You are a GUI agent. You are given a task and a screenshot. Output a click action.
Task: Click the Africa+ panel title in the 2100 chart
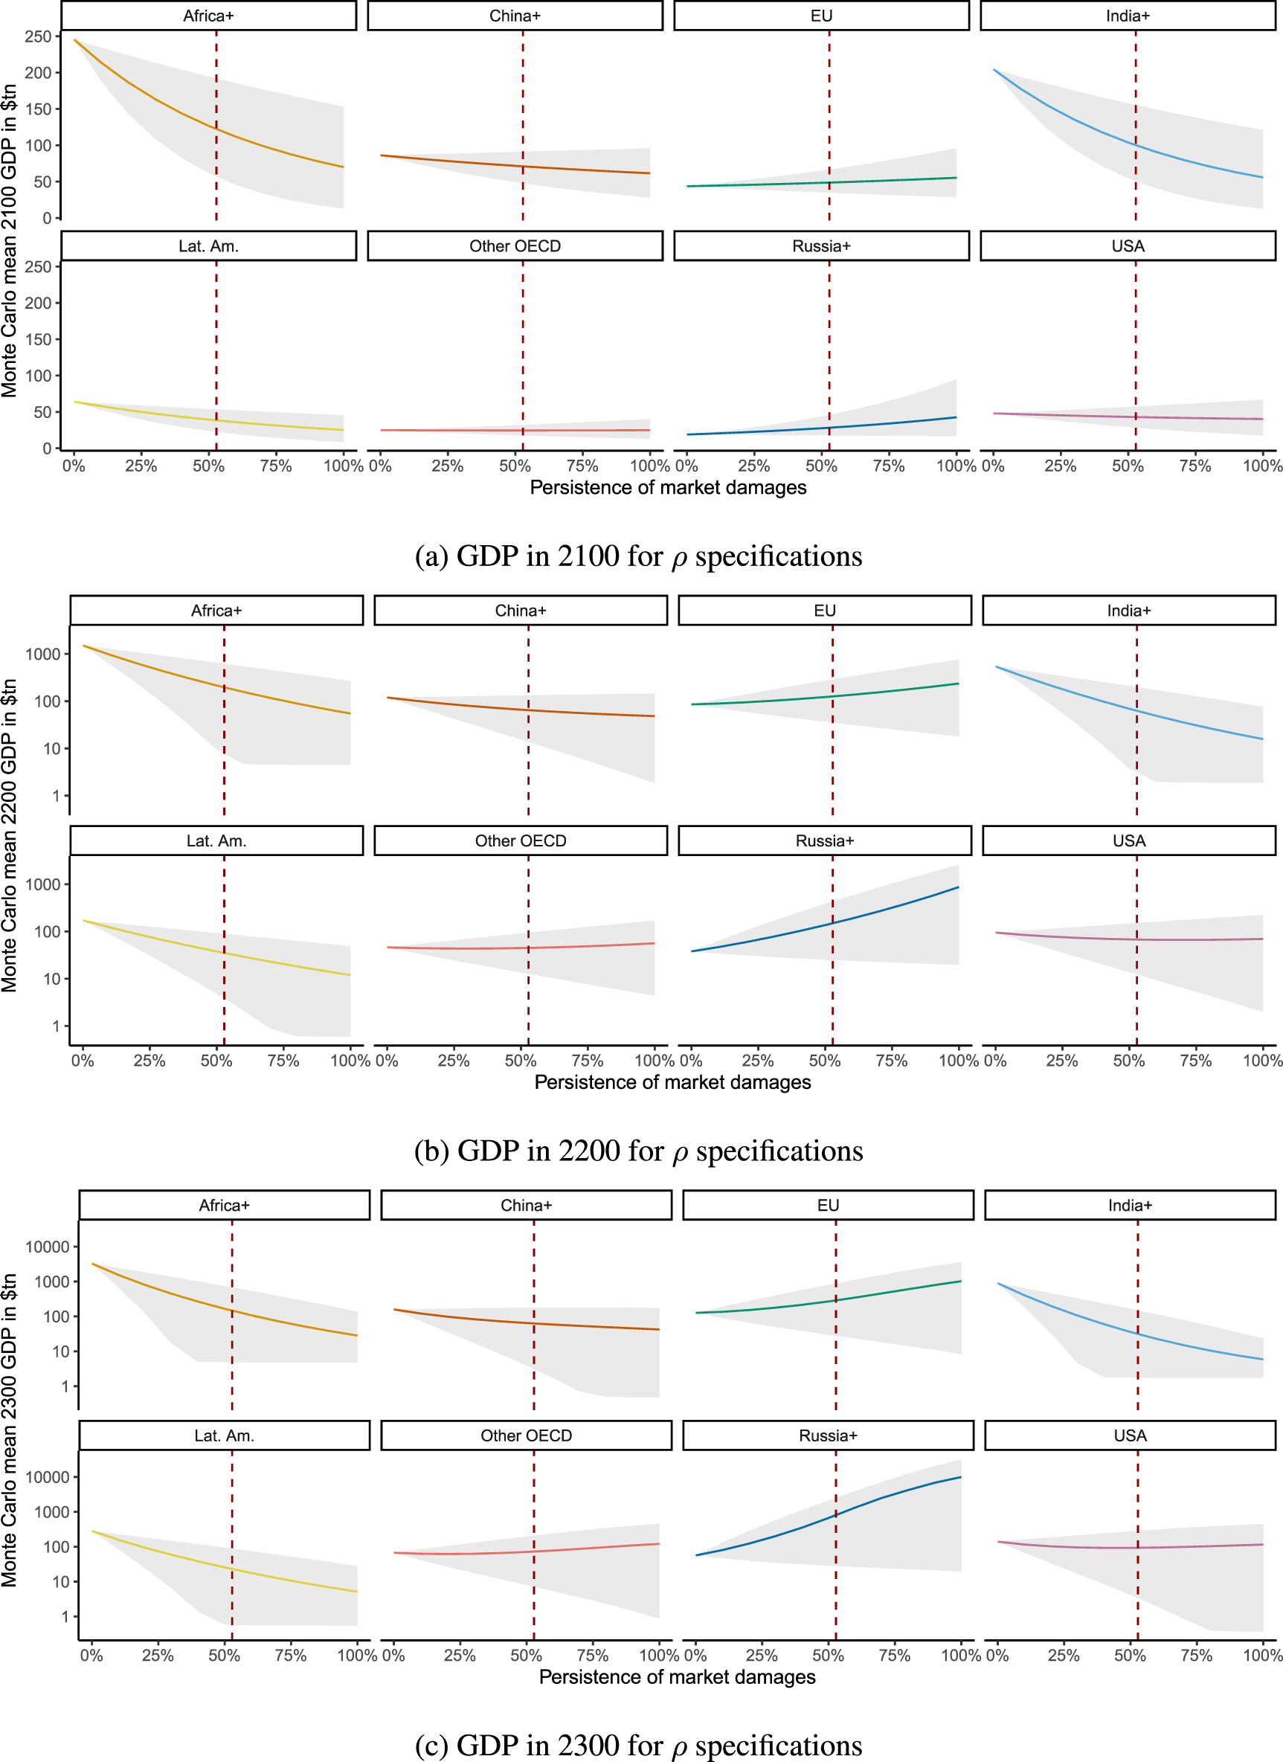[x=208, y=16]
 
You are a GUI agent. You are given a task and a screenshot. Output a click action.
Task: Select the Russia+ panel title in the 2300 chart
[x=828, y=1435]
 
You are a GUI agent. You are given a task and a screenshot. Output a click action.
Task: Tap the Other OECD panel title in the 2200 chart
[x=520, y=840]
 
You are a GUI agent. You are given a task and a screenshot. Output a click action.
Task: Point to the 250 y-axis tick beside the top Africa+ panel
[x=37, y=36]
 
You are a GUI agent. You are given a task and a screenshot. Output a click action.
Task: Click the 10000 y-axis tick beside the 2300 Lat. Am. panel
[x=48, y=1477]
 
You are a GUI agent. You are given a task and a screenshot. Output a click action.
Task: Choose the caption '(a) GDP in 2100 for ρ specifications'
[x=638, y=556]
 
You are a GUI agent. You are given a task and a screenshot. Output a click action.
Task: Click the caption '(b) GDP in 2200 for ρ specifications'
[x=638, y=1151]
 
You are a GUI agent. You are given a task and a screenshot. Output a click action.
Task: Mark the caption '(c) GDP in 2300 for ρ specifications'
[x=638, y=1745]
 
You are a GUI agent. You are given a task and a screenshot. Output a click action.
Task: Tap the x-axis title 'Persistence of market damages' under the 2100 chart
[x=668, y=487]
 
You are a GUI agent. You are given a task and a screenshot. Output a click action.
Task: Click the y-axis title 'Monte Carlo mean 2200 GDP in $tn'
[x=10, y=835]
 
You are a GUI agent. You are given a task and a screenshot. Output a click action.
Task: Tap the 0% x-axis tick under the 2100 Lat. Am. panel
[x=74, y=466]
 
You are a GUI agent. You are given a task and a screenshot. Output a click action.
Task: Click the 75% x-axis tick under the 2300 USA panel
[x=1196, y=1656]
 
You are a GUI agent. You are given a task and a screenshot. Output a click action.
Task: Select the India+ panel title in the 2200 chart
[x=1128, y=611]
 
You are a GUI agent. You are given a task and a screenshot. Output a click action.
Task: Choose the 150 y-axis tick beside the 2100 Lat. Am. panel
[x=37, y=339]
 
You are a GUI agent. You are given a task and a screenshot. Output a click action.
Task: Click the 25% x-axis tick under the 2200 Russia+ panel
[x=758, y=1061]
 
